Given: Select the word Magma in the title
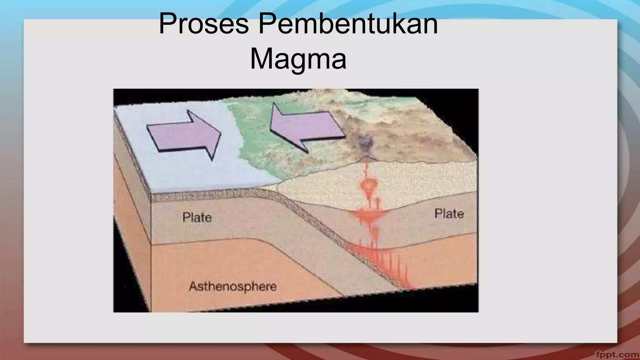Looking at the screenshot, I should click(x=298, y=59).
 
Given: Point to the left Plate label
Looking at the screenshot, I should click(x=197, y=217).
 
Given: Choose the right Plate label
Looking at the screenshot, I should click(x=449, y=214).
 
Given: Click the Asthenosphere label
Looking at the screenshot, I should click(x=233, y=286).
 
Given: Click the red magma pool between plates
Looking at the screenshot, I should click(x=369, y=215).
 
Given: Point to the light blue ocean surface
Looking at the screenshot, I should click(x=187, y=169).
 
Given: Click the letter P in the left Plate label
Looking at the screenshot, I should click(x=186, y=217).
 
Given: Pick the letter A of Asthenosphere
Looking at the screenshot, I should click(x=193, y=286).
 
